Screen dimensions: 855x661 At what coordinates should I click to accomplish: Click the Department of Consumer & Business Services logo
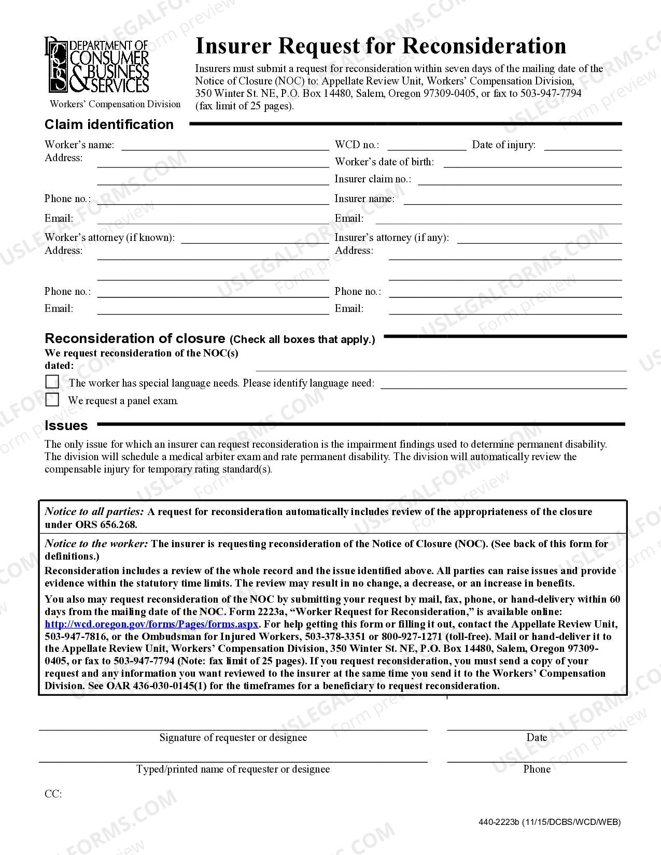[x=97, y=66]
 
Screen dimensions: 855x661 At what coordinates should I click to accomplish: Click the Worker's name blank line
[x=225, y=146]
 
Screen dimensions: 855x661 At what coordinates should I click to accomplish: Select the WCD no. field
[x=426, y=146]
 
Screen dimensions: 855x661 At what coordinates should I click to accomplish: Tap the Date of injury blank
[x=583, y=146]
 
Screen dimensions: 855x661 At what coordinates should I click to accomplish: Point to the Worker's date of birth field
[x=532, y=163]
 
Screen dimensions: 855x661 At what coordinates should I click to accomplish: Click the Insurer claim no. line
[x=519, y=180]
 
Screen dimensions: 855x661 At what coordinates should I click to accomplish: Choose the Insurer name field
[x=512, y=200]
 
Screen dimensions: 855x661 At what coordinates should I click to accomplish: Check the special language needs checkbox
[x=52, y=382]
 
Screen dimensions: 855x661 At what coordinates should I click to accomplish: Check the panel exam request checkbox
[x=52, y=400]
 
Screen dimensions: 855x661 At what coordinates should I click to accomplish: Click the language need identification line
[x=503, y=384]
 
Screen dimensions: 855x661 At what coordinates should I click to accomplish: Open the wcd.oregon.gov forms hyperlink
[x=151, y=624]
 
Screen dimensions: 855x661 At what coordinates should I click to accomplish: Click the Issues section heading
[x=66, y=426]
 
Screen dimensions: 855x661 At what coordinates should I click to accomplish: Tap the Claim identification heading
[x=109, y=125]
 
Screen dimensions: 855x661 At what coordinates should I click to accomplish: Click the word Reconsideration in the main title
[x=484, y=46]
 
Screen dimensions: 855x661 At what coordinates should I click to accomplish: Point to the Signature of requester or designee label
[x=233, y=738]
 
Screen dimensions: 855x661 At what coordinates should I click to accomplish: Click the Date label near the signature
[x=537, y=738]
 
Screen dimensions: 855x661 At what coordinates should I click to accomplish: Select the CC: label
[x=53, y=794]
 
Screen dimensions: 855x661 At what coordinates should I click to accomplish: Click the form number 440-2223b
[x=499, y=822]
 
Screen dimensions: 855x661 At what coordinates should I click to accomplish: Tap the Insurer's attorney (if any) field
[x=539, y=239]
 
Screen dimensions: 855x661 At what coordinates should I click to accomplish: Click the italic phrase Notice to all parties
[x=94, y=512]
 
